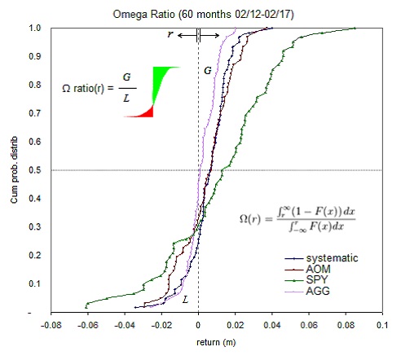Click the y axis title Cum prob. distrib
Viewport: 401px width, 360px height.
pyautogui.click(x=12, y=171)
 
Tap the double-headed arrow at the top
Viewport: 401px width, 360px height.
pyautogui.click(x=199, y=35)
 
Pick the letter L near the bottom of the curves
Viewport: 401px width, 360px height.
pyautogui.click(x=186, y=300)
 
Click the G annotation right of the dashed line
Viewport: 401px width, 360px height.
pyautogui.click(x=208, y=71)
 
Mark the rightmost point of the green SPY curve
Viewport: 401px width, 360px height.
pyautogui.click(x=356, y=29)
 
